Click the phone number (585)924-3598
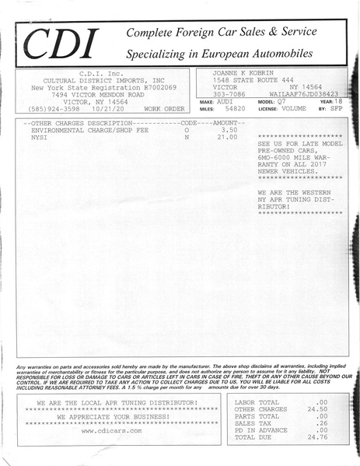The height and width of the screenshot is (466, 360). pos(54,109)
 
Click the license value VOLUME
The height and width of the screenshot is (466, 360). pos(294,110)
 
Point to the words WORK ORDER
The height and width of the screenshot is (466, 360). pos(164,109)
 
